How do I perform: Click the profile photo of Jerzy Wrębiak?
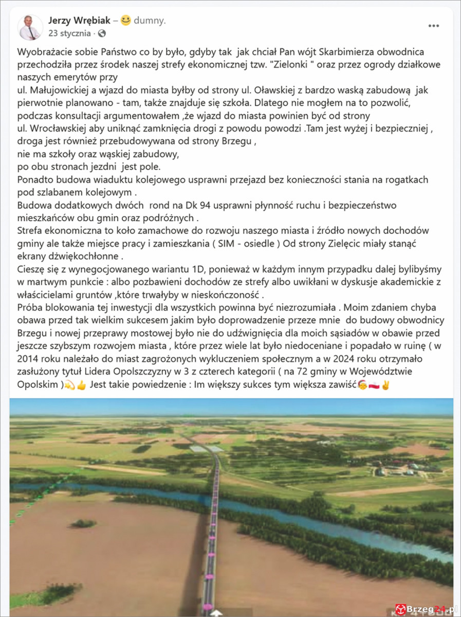click(30, 27)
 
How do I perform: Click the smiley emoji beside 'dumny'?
click(126, 21)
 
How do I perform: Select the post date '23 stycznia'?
click(69, 33)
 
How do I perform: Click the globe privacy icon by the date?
click(102, 33)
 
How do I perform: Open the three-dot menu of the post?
click(434, 26)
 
